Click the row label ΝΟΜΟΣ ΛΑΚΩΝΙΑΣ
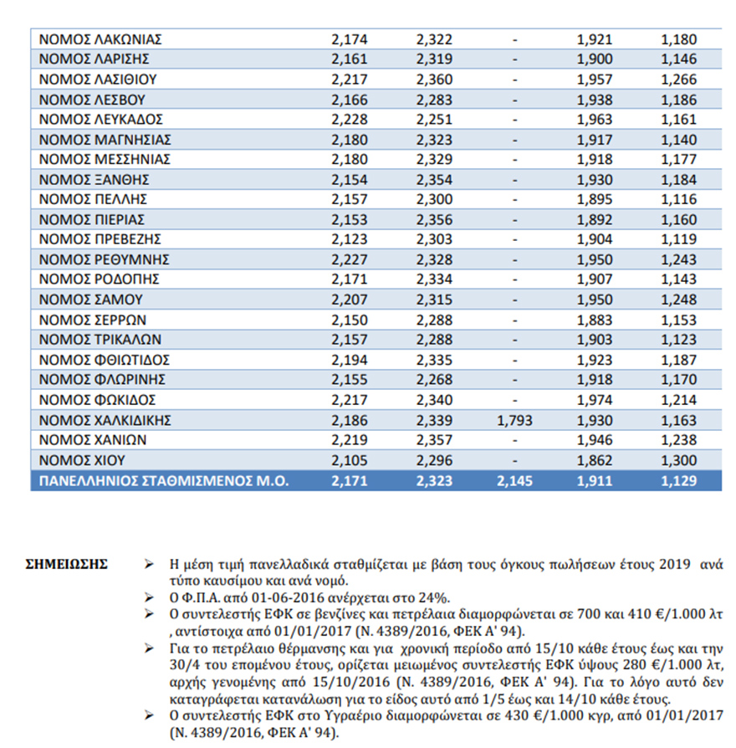pyautogui.click(x=100, y=39)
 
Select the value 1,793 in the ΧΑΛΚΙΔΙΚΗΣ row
pyautogui.click(x=514, y=421)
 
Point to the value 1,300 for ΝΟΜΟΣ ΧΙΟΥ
pyautogui.click(x=677, y=461)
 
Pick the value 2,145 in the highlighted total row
pyautogui.click(x=514, y=481)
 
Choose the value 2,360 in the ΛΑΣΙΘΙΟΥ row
pyautogui.click(x=433, y=79)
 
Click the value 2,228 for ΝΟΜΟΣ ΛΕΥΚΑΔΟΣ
pyautogui.click(x=350, y=120)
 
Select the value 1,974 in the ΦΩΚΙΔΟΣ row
pyautogui.click(x=595, y=401)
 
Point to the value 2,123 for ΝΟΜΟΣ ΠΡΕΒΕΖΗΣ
pyautogui.click(x=350, y=240)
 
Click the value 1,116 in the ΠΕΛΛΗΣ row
pyautogui.click(x=677, y=200)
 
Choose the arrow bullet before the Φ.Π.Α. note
pyautogui.click(x=150, y=597)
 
